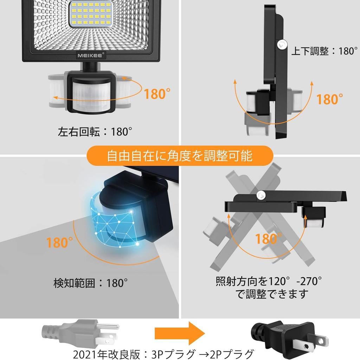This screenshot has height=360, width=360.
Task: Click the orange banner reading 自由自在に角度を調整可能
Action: tap(180, 155)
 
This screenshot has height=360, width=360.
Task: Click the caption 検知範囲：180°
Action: tap(90, 283)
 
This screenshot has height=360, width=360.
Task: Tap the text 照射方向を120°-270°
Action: tap(269, 281)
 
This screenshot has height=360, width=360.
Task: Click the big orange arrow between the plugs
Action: tap(180, 333)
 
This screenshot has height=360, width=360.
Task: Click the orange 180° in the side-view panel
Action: tap(329, 99)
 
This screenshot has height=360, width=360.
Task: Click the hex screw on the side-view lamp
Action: tap(281, 44)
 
